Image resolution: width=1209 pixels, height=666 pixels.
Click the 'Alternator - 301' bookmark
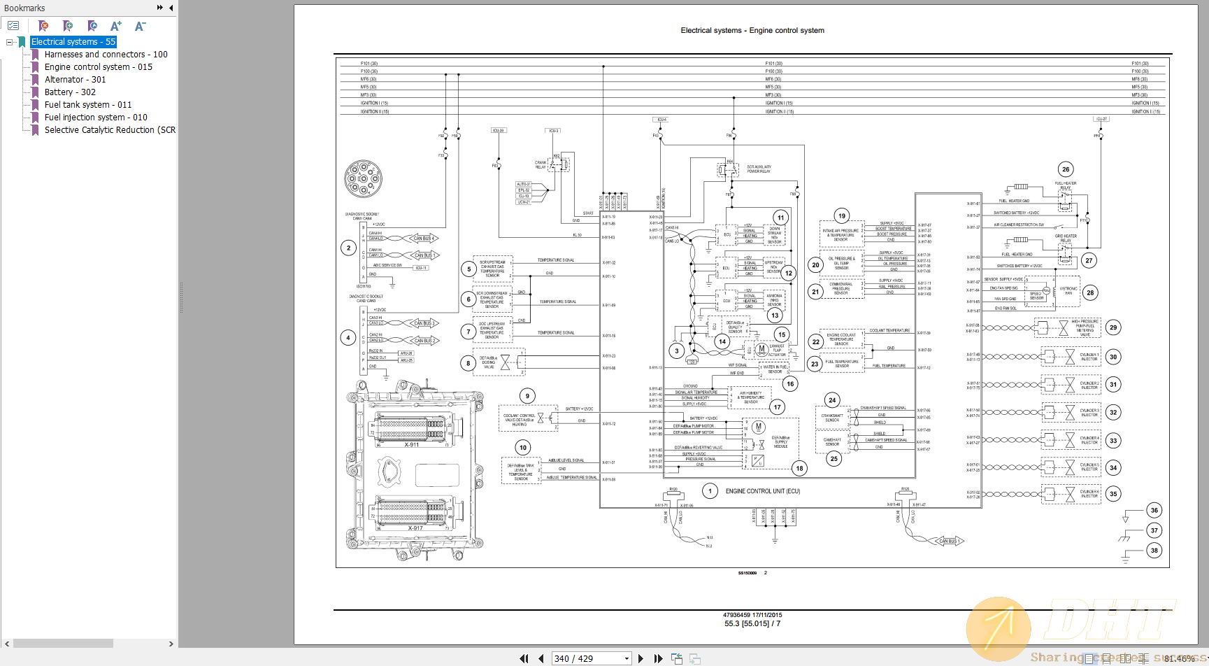point(75,80)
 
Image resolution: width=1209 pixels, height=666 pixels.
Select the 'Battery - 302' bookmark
point(70,92)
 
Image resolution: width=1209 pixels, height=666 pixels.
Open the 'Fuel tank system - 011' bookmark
point(87,105)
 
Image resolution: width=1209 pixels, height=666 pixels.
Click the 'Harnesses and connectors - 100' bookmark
point(106,55)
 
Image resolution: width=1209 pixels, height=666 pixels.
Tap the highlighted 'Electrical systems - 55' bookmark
point(73,42)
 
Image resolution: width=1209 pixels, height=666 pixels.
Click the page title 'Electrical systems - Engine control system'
point(752,31)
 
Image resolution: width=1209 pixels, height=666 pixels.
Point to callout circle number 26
point(1066,169)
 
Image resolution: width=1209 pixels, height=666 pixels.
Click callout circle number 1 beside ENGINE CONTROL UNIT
point(710,491)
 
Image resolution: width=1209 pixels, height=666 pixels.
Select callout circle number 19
point(842,216)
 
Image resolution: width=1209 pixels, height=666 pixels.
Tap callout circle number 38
point(1154,551)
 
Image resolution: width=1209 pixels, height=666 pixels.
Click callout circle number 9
point(527,396)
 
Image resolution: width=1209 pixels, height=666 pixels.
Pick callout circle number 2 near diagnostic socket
point(349,248)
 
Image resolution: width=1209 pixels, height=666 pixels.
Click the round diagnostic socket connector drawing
point(363,178)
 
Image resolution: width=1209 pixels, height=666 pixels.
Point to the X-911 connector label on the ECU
point(411,445)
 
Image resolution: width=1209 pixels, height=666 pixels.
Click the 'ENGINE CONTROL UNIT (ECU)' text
point(762,491)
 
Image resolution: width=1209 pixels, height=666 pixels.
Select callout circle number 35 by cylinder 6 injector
point(1113,494)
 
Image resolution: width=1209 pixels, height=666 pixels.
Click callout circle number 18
point(799,468)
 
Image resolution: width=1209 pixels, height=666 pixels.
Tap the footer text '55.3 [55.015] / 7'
point(752,623)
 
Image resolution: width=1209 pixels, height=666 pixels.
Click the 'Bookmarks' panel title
point(24,8)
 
